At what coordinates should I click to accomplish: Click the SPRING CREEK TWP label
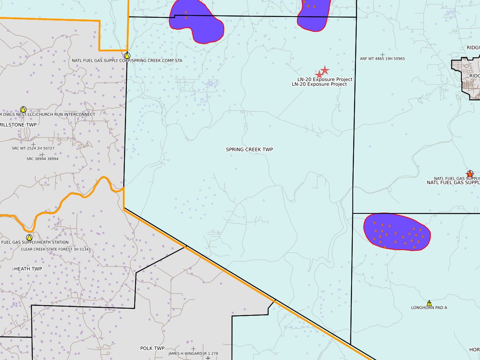[x=249, y=149]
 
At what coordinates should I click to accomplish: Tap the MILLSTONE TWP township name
[x=18, y=125]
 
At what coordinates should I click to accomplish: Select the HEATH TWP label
[x=28, y=269]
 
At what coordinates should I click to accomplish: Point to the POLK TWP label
[x=152, y=348]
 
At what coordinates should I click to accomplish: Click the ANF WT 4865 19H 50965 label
[x=382, y=58]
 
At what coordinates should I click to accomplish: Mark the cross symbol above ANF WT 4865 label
[x=382, y=54]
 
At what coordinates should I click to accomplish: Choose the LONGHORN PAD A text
[x=429, y=307]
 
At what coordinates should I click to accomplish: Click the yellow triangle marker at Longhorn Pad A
[x=429, y=303]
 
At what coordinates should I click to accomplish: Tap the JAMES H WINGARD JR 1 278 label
[x=193, y=353]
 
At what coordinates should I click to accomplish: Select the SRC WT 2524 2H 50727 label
[x=33, y=148]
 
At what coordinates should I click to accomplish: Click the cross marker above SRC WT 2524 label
[x=33, y=144]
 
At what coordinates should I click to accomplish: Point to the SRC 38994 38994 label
[x=42, y=159]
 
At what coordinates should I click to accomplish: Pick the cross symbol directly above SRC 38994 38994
[x=42, y=155]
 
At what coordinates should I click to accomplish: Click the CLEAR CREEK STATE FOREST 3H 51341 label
[x=53, y=249]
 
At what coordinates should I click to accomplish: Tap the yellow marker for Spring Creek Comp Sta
[x=127, y=56]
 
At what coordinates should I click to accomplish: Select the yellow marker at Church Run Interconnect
[x=23, y=109]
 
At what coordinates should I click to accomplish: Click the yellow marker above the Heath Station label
[x=29, y=237]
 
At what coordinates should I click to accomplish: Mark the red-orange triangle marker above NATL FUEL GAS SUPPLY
[x=470, y=173]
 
